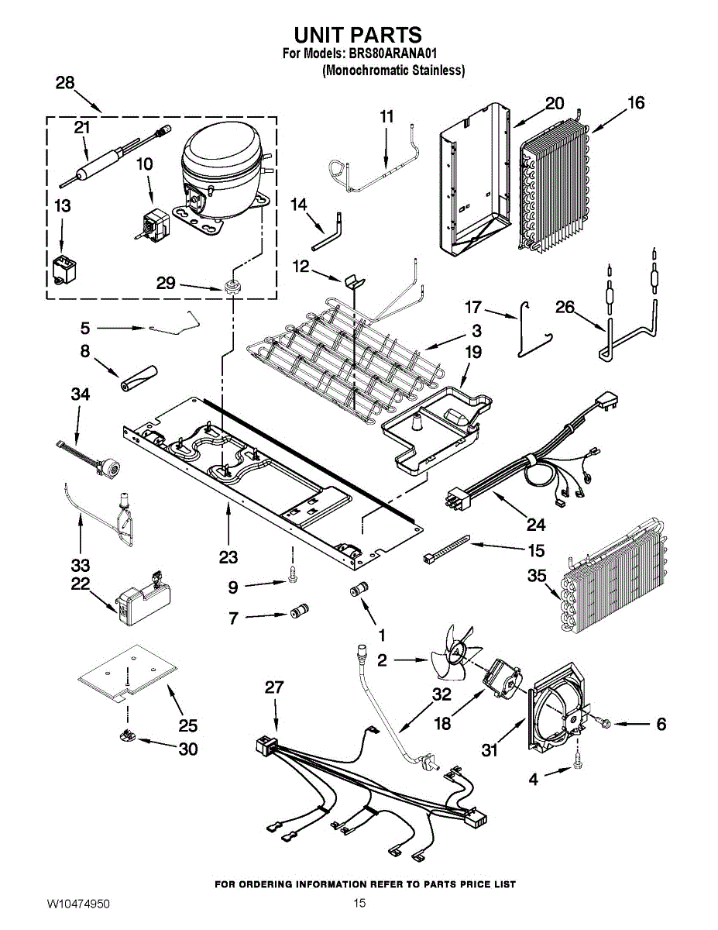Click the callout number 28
click(65, 84)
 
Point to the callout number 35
click(538, 576)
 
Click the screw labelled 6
click(603, 723)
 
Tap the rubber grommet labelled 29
click(230, 289)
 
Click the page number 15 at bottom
click(359, 904)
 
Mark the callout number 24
click(536, 525)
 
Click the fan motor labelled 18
click(500, 676)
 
